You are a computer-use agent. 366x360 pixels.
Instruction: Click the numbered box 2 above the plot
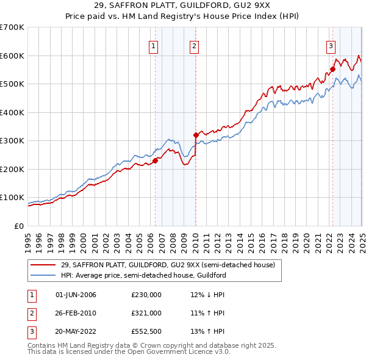pyautogui.click(x=193, y=45)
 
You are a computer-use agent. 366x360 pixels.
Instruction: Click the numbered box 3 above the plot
pyautogui.click(x=331, y=45)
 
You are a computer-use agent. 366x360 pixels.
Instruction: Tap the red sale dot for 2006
pyautogui.click(x=155, y=160)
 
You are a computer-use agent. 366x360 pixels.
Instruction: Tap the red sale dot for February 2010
pyautogui.click(x=196, y=135)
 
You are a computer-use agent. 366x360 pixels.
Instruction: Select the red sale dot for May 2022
pyautogui.click(x=332, y=69)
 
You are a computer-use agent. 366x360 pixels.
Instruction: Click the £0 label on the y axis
pyautogui.click(x=19, y=226)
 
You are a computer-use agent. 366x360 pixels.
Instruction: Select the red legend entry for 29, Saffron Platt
pyautogui.click(x=168, y=265)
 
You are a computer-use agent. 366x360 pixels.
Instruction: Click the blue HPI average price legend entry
pyautogui.click(x=143, y=275)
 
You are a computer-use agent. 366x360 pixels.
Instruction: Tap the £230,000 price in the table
pyautogui.click(x=146, y=295)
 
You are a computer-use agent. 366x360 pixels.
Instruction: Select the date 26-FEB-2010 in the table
pyautogui.click(x=76, y=313)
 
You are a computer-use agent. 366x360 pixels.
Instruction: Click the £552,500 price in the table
pyautogui.click(x=146, y=331)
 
